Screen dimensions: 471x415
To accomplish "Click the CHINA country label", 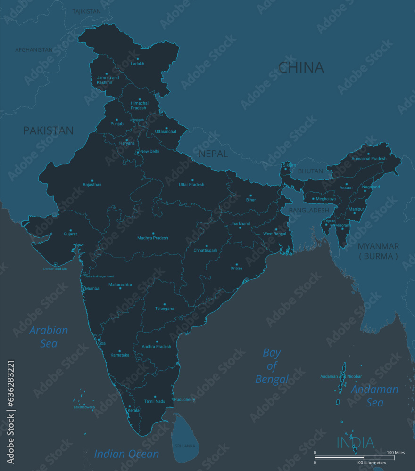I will pos(301,68).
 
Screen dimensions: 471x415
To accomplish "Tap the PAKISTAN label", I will pos(49,130).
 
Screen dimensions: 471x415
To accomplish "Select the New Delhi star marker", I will pos(138,152).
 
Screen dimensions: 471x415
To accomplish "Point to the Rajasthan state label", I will pos(92,185).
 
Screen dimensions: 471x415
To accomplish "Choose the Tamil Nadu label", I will pos(155,401).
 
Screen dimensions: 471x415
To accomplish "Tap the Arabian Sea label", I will pos(49,336).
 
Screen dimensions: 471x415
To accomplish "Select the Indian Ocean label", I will pos(126,454).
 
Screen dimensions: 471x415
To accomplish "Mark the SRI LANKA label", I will pos(185,446).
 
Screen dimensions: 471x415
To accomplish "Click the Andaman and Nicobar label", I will pos(341,376).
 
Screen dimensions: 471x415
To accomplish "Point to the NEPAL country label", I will pos(213,154).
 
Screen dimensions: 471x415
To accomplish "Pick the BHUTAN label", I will pos(310,171).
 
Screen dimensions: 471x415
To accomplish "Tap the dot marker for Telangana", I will pos(164,304).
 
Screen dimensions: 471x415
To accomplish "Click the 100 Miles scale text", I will pos(396,453).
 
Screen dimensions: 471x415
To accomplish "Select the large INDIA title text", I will pos(355,443).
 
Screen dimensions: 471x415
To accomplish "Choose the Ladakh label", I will pos(138,64).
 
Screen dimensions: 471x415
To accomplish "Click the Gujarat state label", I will pos(70,234).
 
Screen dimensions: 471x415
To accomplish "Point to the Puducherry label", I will pos(184,400).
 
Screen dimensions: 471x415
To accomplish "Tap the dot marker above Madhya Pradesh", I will pos(153,231).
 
